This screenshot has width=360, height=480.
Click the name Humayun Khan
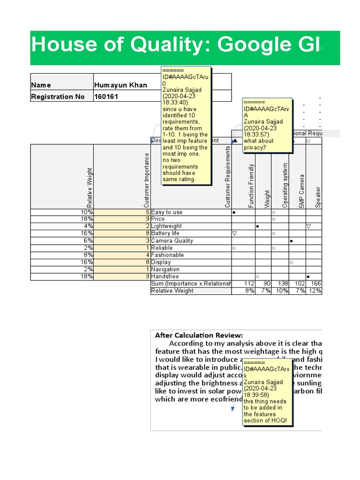(x=120, y=85)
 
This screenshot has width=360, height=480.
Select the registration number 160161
(x=106, y=97)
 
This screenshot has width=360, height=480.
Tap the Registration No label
(x=58, y=97)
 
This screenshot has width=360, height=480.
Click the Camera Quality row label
(x=172, y=240)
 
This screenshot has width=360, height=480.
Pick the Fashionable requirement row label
(x=167, y=255)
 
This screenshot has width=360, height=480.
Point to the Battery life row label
(x=165, y=233)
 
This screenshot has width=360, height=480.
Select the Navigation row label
(x=165, y=270)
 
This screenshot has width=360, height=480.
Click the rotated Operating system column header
(x=285, y=185)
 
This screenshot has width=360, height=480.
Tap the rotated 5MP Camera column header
(x=302, y=191)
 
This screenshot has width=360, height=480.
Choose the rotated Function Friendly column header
(x=251, y=186)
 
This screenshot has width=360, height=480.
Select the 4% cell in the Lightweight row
(x=88, y=226)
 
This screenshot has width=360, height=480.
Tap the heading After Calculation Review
(x=199, y=335)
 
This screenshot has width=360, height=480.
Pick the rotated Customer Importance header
(x=146, y=180)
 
